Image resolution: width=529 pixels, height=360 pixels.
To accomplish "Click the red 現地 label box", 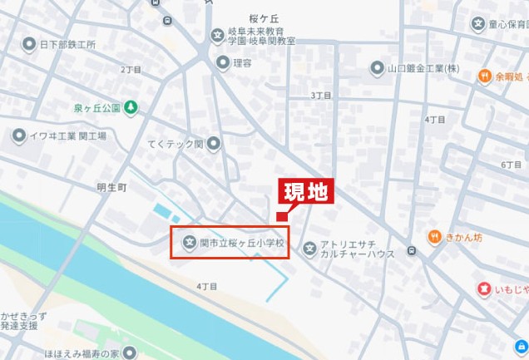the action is [305, 193].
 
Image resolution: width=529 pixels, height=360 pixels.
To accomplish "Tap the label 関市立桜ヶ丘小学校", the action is [241, 244].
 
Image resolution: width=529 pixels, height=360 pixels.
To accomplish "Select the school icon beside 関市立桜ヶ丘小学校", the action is [189, 244].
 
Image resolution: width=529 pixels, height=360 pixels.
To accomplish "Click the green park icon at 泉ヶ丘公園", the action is [131, 107].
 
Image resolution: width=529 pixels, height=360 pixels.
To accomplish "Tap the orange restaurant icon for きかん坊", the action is [434, 237].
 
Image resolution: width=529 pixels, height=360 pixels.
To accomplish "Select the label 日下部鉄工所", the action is [67, 44].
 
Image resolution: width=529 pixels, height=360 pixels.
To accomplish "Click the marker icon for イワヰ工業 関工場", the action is [18, 136].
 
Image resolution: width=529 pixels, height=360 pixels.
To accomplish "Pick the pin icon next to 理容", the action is [222, 62].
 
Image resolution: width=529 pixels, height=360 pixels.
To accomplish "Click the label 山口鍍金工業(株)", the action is [424, 67].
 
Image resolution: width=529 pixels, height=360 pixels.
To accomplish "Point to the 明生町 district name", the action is [111, 188].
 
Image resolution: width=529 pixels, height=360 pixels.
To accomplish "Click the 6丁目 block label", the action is [512, 165].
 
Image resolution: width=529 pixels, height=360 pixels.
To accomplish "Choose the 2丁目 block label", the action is [131, 70].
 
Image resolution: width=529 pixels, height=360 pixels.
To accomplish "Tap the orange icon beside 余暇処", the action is [484, 76].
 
